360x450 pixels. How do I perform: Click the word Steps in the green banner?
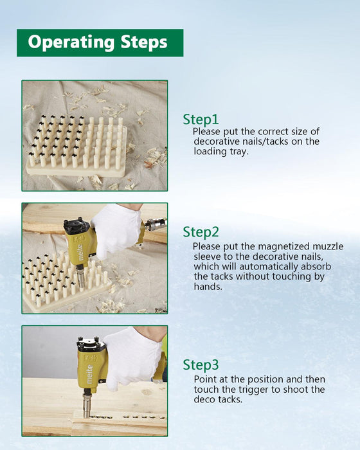point(144,42)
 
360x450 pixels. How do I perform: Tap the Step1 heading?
point(201,120)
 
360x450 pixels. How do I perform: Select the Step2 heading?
point(201,232)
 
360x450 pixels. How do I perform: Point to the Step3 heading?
point(201,365)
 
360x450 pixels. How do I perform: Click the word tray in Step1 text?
point(239,152)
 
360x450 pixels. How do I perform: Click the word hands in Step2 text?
point(208,287)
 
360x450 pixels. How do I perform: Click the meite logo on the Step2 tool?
point(80,253)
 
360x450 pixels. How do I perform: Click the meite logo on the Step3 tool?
point(89,374)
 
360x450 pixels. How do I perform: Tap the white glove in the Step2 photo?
point(116,230)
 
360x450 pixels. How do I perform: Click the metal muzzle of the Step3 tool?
point(86,404)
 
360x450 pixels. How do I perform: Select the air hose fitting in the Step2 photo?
point(156,224)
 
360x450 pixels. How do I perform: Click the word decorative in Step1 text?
point(217,141)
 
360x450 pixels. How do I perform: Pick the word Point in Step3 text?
point(205,379)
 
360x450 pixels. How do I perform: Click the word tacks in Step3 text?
point(230,399)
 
